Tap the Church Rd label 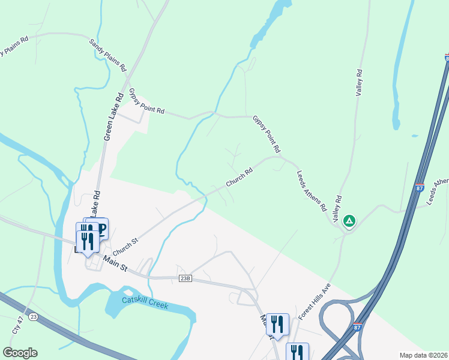click(239, 176)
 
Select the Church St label click(125, 245)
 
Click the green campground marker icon click(349, 221)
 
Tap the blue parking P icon click(101, 229)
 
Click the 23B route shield click(185, 278)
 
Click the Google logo click(20, 353)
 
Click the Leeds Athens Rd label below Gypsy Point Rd click(311, 191)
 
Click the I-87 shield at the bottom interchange click(357, 327)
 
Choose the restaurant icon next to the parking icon click(88, 239)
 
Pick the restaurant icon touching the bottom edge click(297, 352)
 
